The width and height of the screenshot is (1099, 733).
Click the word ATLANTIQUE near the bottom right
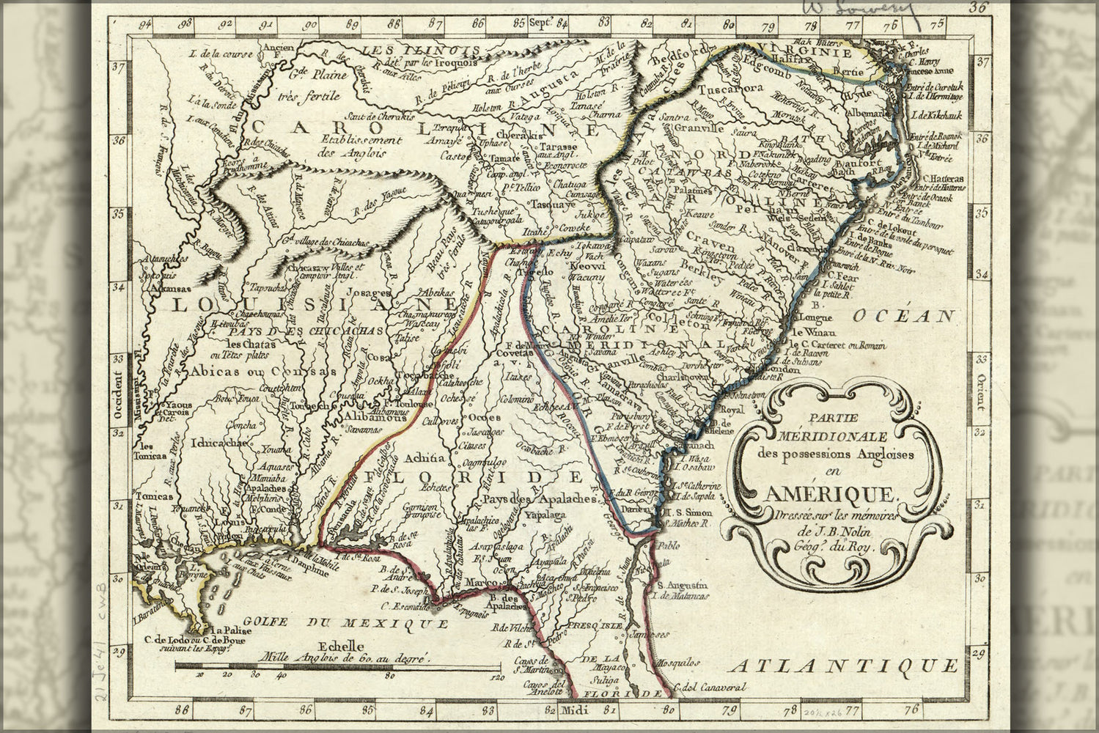pyautogui.click(x=847, y=666)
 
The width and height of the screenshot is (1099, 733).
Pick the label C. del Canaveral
pyautogui.click(x=711, y=688)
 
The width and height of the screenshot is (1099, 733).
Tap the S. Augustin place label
pyautogui.click(x=682, y=585)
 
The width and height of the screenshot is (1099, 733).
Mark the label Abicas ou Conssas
pyautogui.click(x=237, y=372)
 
